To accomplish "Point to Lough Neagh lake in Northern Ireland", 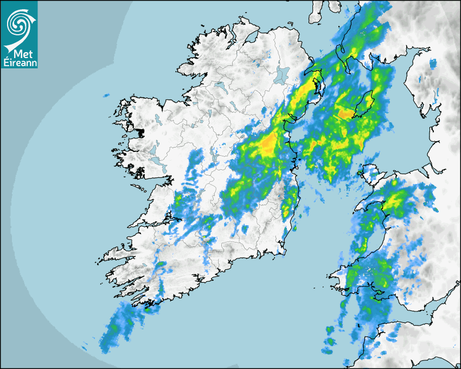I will [281, 74].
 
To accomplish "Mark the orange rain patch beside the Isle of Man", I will [345, 113].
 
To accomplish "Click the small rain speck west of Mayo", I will [106, 96].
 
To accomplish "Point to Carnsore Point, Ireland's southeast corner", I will [283, 251].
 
